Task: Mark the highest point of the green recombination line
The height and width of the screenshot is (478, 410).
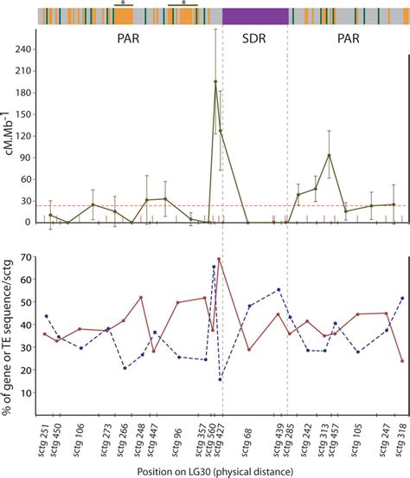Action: coord(215,81)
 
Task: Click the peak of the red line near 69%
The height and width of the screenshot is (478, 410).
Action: coord(219,259)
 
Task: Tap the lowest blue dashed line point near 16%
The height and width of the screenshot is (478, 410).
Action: coord(221,379)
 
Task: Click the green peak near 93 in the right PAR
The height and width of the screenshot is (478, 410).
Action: coord(329,156)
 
